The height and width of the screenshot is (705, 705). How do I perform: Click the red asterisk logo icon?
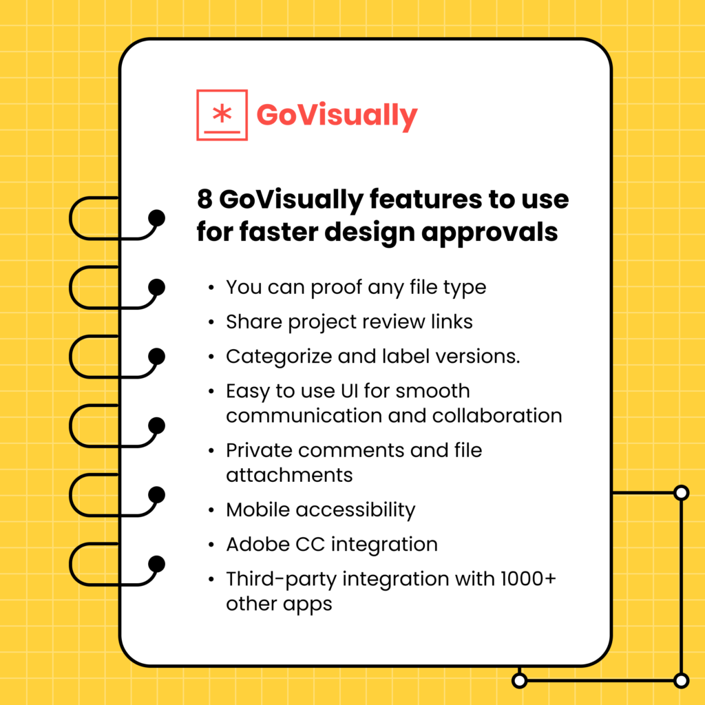222,114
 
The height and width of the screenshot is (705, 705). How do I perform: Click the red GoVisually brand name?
337,115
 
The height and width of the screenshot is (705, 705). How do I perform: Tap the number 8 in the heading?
204,200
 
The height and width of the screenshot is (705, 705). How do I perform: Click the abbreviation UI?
348,391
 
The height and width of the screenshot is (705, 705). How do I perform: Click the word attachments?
289,475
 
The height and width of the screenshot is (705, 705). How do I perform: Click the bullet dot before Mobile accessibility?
210,511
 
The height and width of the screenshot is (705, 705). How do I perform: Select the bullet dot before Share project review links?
210,322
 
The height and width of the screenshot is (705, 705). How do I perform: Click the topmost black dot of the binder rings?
157,218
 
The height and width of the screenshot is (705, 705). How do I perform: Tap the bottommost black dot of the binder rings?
157,565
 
